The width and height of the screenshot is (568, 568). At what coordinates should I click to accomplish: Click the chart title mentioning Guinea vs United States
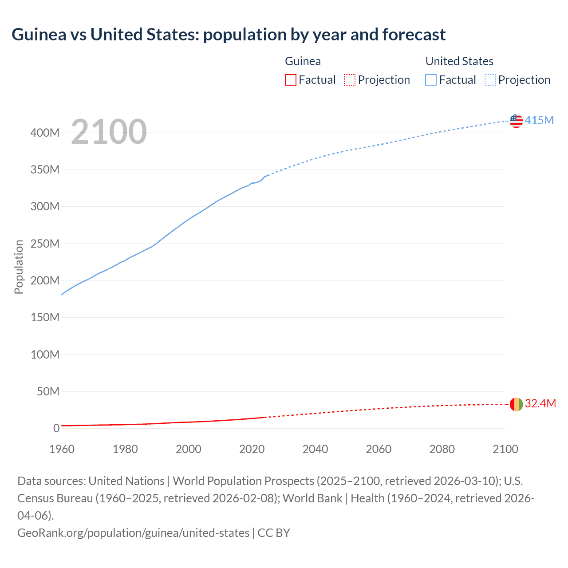229,35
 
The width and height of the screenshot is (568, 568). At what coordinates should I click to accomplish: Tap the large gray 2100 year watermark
109,132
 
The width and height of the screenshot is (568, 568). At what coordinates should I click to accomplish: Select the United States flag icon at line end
516,121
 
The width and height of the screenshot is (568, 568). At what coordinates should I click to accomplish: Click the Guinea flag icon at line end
516,404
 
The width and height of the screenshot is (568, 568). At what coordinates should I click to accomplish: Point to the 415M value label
539,120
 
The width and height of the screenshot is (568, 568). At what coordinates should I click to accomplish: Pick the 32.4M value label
540,403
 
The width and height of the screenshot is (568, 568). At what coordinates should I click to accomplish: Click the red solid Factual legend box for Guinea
290,80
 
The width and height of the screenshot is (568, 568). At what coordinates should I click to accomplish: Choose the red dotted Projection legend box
350,80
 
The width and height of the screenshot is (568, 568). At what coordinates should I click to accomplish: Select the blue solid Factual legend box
430,80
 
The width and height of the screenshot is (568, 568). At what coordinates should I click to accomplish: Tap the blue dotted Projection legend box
490,80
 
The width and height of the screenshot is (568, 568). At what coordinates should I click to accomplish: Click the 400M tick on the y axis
45,133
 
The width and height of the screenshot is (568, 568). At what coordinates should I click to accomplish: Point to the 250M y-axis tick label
45,244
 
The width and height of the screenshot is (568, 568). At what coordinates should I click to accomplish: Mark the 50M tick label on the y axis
48,391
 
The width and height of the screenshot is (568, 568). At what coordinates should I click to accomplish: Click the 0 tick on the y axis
56,428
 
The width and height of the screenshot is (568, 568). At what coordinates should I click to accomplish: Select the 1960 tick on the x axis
62,449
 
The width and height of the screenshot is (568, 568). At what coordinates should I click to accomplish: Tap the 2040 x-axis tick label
315,449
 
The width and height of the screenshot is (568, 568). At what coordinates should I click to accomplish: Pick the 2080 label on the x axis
442,449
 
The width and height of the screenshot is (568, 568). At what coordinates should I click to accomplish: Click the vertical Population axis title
19,267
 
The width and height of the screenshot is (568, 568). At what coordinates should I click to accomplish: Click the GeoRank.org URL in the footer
133,532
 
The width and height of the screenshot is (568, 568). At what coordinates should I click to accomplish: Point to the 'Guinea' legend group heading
303,61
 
